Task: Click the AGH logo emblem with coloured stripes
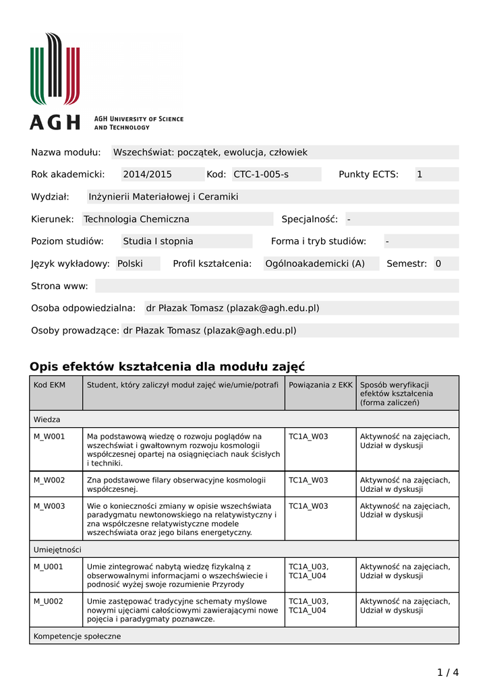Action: [x=55, y=69]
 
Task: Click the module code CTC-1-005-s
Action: [x=261, y=175]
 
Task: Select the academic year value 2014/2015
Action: [x=147, y=175]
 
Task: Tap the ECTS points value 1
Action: [x=420, y=175]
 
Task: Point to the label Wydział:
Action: [x=51, y=197]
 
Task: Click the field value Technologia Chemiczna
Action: [x=136, y=219]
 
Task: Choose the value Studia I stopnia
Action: [x=158, y=241]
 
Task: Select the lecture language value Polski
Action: [x=130, y=263]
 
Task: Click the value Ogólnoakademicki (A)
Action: [x=315, y=263]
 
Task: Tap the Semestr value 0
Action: [x=438, y=263]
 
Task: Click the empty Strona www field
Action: [x=277, y=286]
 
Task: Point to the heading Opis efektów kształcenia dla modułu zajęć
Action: [x=167, y=367]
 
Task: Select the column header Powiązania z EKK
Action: [x=320, y=385]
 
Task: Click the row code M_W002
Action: [x=49, y=480]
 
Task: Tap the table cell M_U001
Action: [x=49, y=567]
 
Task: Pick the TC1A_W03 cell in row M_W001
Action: [x=308, y=437]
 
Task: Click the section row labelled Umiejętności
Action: [x=57, y=549]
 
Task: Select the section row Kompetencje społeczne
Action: [x=78, y=636]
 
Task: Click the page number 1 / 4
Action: [x=448, y=672]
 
